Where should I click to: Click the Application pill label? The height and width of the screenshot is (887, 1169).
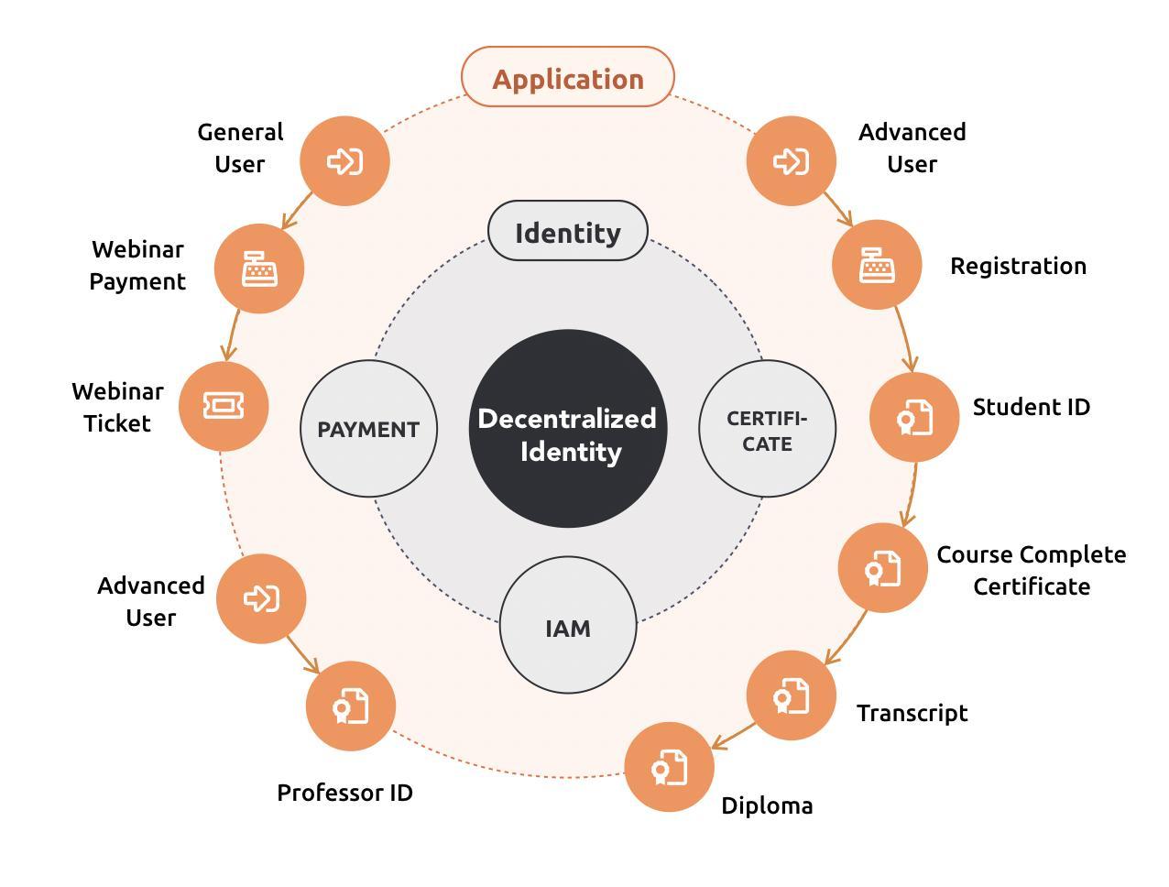(x=567, y=78)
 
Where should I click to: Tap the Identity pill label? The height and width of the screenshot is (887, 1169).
(x=567, y=232)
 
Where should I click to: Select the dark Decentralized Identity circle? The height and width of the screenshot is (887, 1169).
(x=567, y=429)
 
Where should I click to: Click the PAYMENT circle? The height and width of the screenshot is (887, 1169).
(x=368, y=429)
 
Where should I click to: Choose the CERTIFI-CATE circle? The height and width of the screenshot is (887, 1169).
(x=767, y=429)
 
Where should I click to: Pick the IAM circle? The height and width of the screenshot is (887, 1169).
(x=567, y=627)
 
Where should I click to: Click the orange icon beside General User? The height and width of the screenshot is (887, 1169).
(x=344, y=161)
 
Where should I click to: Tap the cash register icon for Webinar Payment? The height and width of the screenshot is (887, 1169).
(x=259, y=268)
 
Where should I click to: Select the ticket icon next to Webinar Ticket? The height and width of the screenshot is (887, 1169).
(x=224, y=405)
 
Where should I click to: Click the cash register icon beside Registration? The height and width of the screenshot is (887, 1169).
(x=877, y=265)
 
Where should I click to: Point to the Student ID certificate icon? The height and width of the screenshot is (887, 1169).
(x=914, y=417)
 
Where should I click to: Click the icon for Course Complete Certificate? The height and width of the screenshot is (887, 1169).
(x=883, y=568)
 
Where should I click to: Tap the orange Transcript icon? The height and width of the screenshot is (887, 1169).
(x=792, y=695)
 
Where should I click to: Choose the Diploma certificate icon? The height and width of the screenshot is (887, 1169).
(x=670, y=767)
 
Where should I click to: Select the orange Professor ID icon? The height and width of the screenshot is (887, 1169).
(x=351, y=706)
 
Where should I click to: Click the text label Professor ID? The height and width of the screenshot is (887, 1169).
(x=344, y=793)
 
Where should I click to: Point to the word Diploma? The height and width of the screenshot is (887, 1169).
(x=767, y=805)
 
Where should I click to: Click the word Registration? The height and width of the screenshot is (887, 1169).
(x=1018, y=266)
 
